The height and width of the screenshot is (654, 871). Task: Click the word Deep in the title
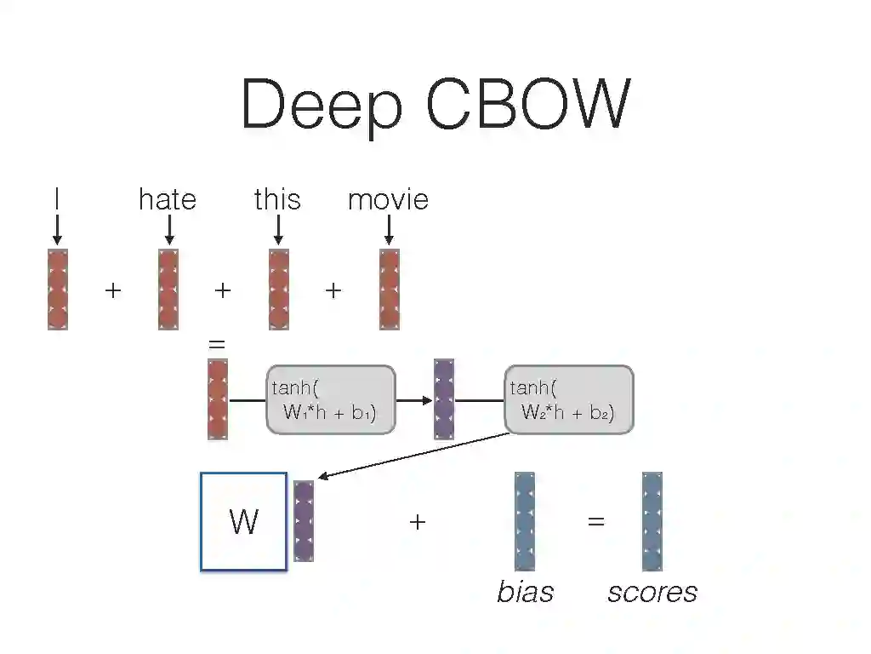pos(322,104)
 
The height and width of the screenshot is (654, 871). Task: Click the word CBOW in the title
pos(527,104)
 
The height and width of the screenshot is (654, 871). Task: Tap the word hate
pos(168,199)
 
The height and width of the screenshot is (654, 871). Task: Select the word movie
pos(388,199)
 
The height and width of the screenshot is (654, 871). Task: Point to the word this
pos(277,199)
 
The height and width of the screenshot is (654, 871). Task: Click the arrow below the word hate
pos(168,229)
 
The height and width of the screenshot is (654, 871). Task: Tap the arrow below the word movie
pos(389,229)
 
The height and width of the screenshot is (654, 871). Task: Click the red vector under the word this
pos(279,289)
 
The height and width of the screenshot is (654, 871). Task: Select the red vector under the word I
pos(58,289)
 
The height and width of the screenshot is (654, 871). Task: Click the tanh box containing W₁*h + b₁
pos(331,400)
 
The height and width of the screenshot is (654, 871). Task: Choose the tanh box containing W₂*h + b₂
pos(569,400)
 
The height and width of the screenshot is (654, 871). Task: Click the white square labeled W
pos(244,521)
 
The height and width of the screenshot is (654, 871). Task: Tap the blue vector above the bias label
pos(525,521)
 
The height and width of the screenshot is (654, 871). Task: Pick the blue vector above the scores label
pos(652,521)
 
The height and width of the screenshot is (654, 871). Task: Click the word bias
pos(525,592)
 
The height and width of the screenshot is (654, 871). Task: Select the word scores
pos(652,592)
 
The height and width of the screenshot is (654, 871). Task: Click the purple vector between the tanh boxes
pos(444,399)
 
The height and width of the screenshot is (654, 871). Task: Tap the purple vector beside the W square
pos(304,521)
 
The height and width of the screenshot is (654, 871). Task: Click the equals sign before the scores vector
pos(596,521)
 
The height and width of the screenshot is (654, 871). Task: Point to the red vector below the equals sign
pos(218,399)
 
